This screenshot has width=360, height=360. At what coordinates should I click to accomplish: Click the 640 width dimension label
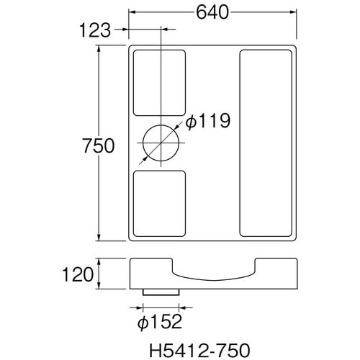(212, 12)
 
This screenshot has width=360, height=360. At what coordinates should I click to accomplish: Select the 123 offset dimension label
(95, 30)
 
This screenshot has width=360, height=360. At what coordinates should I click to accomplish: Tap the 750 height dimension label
(99, 145)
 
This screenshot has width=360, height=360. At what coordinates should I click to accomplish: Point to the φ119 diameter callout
(208, 121)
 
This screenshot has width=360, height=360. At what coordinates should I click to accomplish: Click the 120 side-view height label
(78, 274)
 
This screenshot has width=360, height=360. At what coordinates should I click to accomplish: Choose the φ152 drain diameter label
(160, 322)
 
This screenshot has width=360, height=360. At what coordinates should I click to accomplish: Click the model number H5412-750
(199, 351)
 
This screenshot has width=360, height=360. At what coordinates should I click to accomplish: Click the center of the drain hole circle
(161, 143)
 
